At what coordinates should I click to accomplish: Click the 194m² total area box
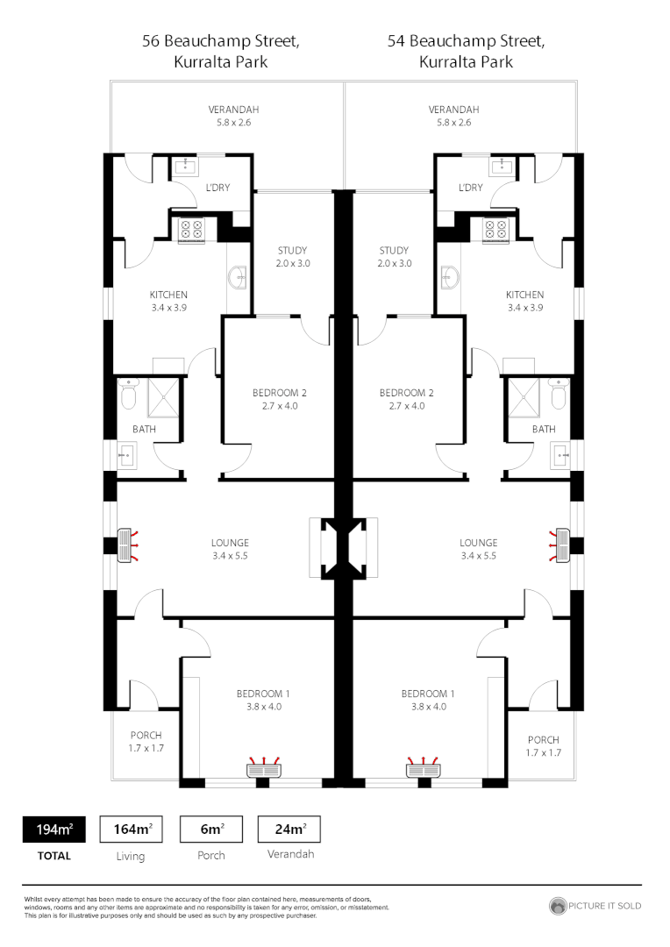coord(53,829)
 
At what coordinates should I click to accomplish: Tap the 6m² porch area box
coord(210,829)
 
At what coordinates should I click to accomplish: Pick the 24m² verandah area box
coord(289,829)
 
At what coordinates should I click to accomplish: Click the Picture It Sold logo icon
coord(558,906)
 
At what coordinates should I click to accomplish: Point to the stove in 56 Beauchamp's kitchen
coord(191,229)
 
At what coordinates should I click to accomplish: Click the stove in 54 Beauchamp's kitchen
coord(495,229)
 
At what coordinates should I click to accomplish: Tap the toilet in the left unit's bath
coord(128,396)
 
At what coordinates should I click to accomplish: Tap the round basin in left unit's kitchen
coord(238,279)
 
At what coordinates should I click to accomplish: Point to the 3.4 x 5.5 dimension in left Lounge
coord(230,556)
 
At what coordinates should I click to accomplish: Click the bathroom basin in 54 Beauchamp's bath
coord(560,453)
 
